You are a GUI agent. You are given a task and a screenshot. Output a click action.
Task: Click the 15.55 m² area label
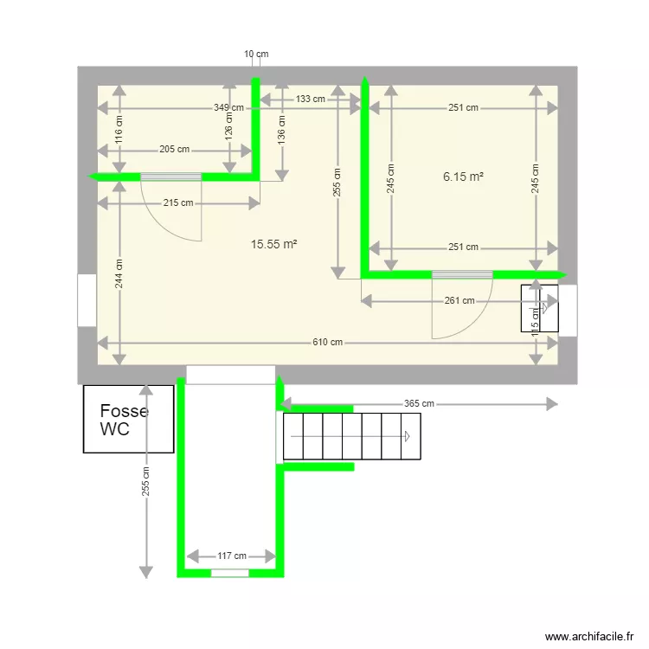pyautogui.click(x=273, y=245)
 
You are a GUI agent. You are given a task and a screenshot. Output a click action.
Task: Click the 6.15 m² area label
pyautogui.click(x=463, y=177)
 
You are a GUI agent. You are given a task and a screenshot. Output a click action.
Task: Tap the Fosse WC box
pyautogui.click(x=128, y=420)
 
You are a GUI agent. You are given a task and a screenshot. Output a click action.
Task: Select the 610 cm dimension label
pyautogui.click(x=328, y=343)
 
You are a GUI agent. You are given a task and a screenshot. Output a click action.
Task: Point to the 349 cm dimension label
pyautogui.click(x=229, y=108)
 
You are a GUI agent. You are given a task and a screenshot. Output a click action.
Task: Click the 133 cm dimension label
pyautogui.click(x=311, y=99)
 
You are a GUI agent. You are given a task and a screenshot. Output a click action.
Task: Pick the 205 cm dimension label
pyautogui.click(x=174, y=149)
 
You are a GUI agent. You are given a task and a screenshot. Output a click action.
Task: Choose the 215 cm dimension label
pyautogui.click(x=178, y=203)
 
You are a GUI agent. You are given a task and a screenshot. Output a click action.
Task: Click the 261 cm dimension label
pyautogui.click(x=459, y=301)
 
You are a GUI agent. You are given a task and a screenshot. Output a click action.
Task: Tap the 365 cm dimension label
pyautogui.click(x=419, y=404)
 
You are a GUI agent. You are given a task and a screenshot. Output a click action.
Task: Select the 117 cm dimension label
pyautogui.click(x=231, y=556)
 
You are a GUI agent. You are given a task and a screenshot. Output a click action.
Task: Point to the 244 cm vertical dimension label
pyautogui.click(x=119, y=275)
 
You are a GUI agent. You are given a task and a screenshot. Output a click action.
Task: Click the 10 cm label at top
pyautogui.click(x=256, y=54)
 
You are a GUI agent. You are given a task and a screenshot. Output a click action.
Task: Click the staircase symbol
pyautogui.click(x=352, y=436)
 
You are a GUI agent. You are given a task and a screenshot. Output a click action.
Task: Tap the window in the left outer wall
pyautogui.click(x=87, y=300)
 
